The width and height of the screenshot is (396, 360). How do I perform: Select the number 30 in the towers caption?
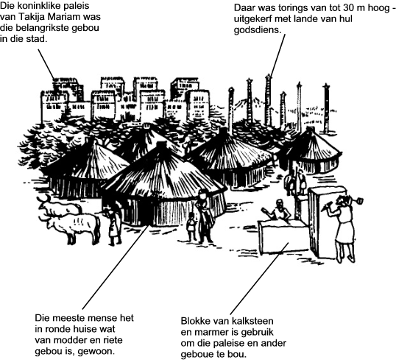click(x=348, y=8)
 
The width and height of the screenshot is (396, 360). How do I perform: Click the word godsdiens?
click(x=258, y=30)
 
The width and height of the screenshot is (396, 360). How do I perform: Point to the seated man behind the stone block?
click(x=277, y=212)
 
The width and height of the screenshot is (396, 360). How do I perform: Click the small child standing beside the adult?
click(x=191, y=226)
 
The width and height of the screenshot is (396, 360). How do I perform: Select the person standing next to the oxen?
click(x=113, y=226)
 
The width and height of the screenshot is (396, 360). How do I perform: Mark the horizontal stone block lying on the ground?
click(x=283, y=236)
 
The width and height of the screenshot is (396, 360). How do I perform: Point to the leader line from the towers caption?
click(x=277, y=54)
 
